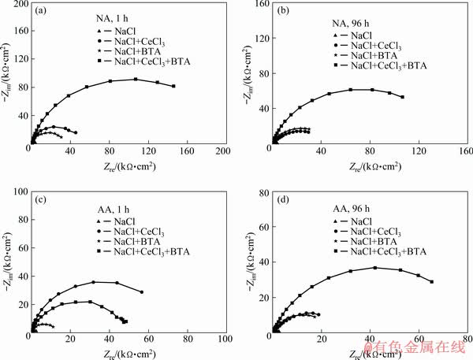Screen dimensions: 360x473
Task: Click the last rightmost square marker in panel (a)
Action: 173,86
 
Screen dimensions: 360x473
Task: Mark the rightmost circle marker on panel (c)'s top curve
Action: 142,292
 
